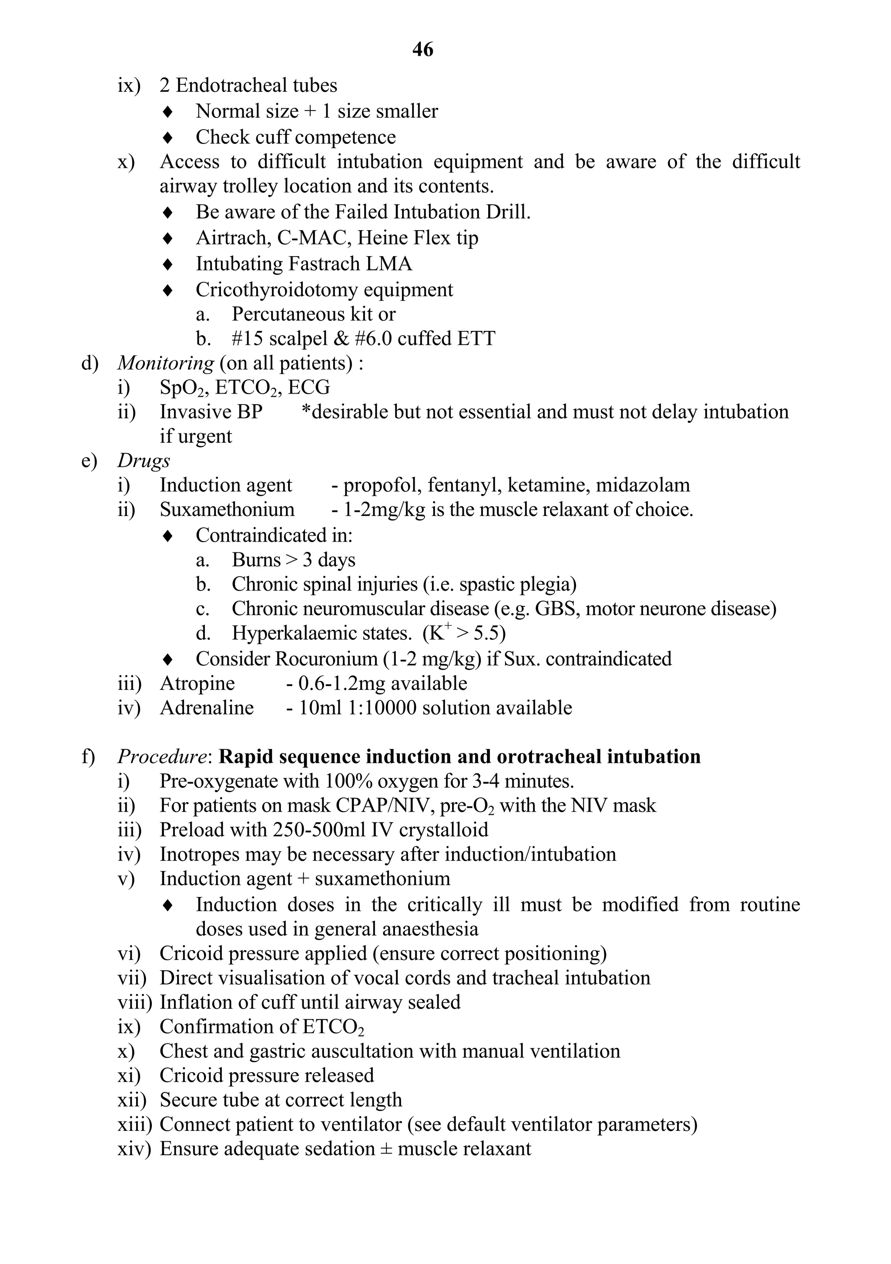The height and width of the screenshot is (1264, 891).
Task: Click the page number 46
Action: pos(422,50)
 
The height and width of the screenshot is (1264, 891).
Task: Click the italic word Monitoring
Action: pos(166,363)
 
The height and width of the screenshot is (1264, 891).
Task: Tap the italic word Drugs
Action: pos(143,461)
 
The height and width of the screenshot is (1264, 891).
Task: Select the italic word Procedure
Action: pos(162,756)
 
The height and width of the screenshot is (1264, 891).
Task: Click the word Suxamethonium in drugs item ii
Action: pos(227,509)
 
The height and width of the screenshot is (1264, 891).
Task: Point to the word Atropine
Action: pos(197,683)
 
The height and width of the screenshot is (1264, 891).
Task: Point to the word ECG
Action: pos(309,388)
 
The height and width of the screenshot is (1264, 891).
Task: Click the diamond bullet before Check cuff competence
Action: pos(168,137)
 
